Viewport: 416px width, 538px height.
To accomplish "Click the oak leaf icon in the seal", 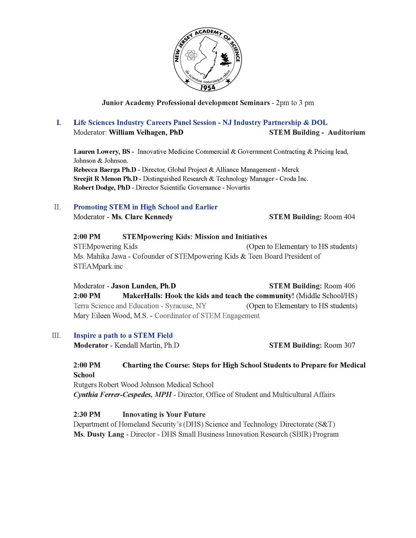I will coord(225,59).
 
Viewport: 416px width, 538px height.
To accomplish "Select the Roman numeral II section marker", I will coord(57,207).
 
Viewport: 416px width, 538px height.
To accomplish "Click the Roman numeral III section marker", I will coord(56,335).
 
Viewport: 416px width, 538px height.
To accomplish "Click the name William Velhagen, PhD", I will coord(146,133).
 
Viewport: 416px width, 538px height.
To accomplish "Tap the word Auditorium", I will coord(346,133).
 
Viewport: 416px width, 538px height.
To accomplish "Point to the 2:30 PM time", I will coord(87,414).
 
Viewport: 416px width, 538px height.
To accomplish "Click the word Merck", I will coord(290,170).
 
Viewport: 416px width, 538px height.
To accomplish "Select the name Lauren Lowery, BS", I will coord(102,152).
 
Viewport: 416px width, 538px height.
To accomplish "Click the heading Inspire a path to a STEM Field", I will coord(123,335).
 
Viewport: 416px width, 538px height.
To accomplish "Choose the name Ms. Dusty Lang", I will coord(99,434).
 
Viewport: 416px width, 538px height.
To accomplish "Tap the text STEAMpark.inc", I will coord(98,266).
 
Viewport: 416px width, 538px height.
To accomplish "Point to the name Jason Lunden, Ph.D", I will coord(143,286).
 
